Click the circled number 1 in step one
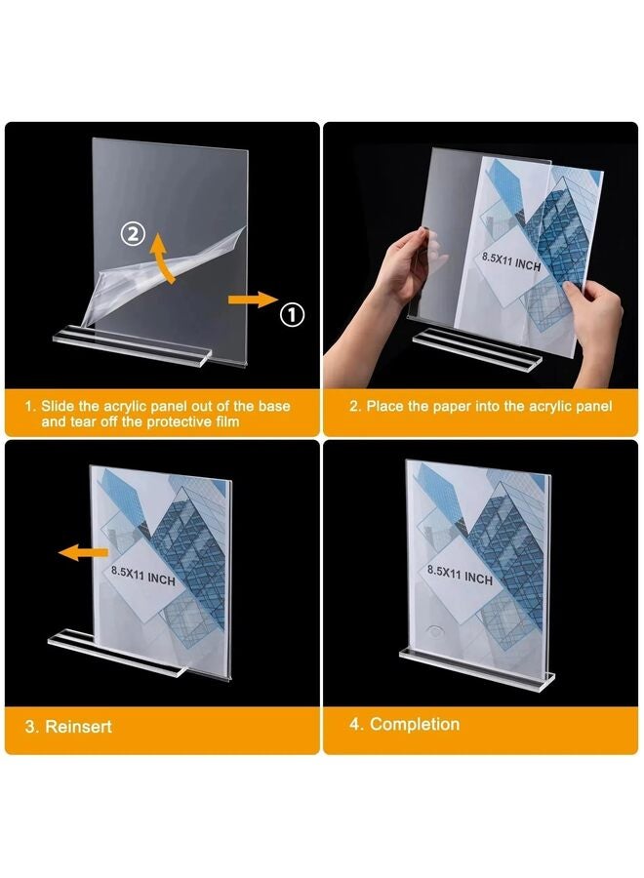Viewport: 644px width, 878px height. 293,314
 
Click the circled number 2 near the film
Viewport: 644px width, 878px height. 133,234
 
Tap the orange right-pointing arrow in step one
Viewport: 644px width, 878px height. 251,301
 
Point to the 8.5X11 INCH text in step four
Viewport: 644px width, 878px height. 460,574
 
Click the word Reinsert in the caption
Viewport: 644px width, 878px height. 78,727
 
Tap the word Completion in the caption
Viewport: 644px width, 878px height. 415,724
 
